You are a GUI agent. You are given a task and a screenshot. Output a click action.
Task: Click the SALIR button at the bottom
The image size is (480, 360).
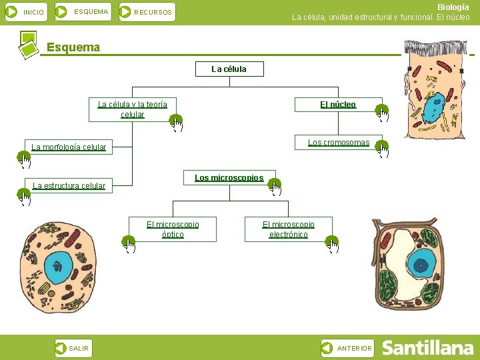(x=73, y=348)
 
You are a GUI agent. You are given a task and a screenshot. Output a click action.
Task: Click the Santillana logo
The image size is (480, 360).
(x=427, y=348)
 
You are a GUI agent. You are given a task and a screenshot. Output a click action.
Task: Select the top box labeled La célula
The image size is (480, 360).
(x=229, y=69)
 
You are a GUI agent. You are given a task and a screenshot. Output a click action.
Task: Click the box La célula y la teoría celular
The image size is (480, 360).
(x=132, y=109)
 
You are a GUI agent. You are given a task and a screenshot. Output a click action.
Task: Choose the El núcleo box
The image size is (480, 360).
(x=338, y=104)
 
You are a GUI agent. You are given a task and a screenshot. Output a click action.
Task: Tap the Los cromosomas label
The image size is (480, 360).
(x=338, y=143)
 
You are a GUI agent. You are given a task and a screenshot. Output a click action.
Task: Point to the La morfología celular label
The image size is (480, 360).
(x=69, y=147)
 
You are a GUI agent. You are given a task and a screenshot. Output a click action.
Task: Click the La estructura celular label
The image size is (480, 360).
(x=69, y=185)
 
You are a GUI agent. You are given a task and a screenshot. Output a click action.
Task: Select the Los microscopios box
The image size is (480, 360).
(x=229, y=178)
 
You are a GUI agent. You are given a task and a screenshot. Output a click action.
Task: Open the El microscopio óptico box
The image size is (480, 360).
(x=173, y=229)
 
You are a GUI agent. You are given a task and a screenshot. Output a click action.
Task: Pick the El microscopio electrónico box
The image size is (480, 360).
(x=288, y=229)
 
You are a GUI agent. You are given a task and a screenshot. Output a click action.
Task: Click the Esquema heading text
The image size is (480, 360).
(x=73, y=47)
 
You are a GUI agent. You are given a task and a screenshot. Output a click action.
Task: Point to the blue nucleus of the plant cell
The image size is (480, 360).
(x=421, y=265)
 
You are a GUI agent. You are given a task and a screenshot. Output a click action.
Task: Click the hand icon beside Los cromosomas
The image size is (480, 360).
(x=382, y=149)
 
